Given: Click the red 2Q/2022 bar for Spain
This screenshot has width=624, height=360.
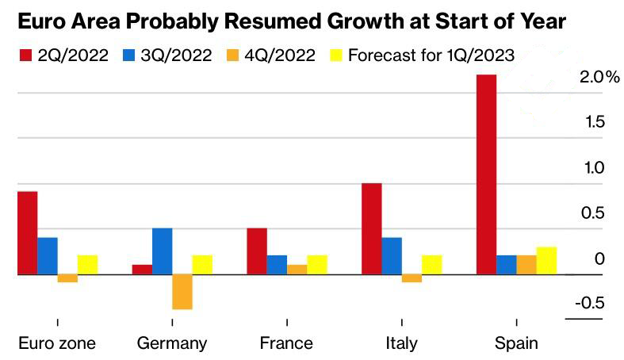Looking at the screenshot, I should [x=486, y=174].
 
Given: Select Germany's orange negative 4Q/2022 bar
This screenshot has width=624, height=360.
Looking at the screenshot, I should [x=182, y=292].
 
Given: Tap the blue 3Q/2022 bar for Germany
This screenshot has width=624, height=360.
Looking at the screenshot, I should [x=162, y=251].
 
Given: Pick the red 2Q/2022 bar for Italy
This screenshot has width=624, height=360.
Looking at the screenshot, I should [x=371, y=229].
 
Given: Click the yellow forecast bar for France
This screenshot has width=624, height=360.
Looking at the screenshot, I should [x=316, y=265].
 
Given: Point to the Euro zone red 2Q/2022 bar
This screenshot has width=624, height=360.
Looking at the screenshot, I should [x=27, y=233].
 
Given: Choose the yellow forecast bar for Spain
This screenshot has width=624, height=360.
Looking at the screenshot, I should [x=546, y=261].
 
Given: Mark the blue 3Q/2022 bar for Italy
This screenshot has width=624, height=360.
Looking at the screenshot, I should [x=392, y=256].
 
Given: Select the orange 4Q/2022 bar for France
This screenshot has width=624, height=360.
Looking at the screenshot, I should [x=297, y=270].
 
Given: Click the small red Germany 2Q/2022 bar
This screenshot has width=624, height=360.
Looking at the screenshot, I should [x=142, y=270].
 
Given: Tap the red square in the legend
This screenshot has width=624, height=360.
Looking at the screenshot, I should [x=23, y=56].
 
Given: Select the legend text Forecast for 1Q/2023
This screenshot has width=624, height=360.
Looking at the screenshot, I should [x=431, y=56].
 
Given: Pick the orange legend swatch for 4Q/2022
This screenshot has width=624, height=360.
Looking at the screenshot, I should [x=232, y=56].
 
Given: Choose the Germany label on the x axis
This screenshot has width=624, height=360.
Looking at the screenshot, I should [x=171, y=343].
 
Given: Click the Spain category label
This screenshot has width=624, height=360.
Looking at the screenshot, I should [x=516, y=343].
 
